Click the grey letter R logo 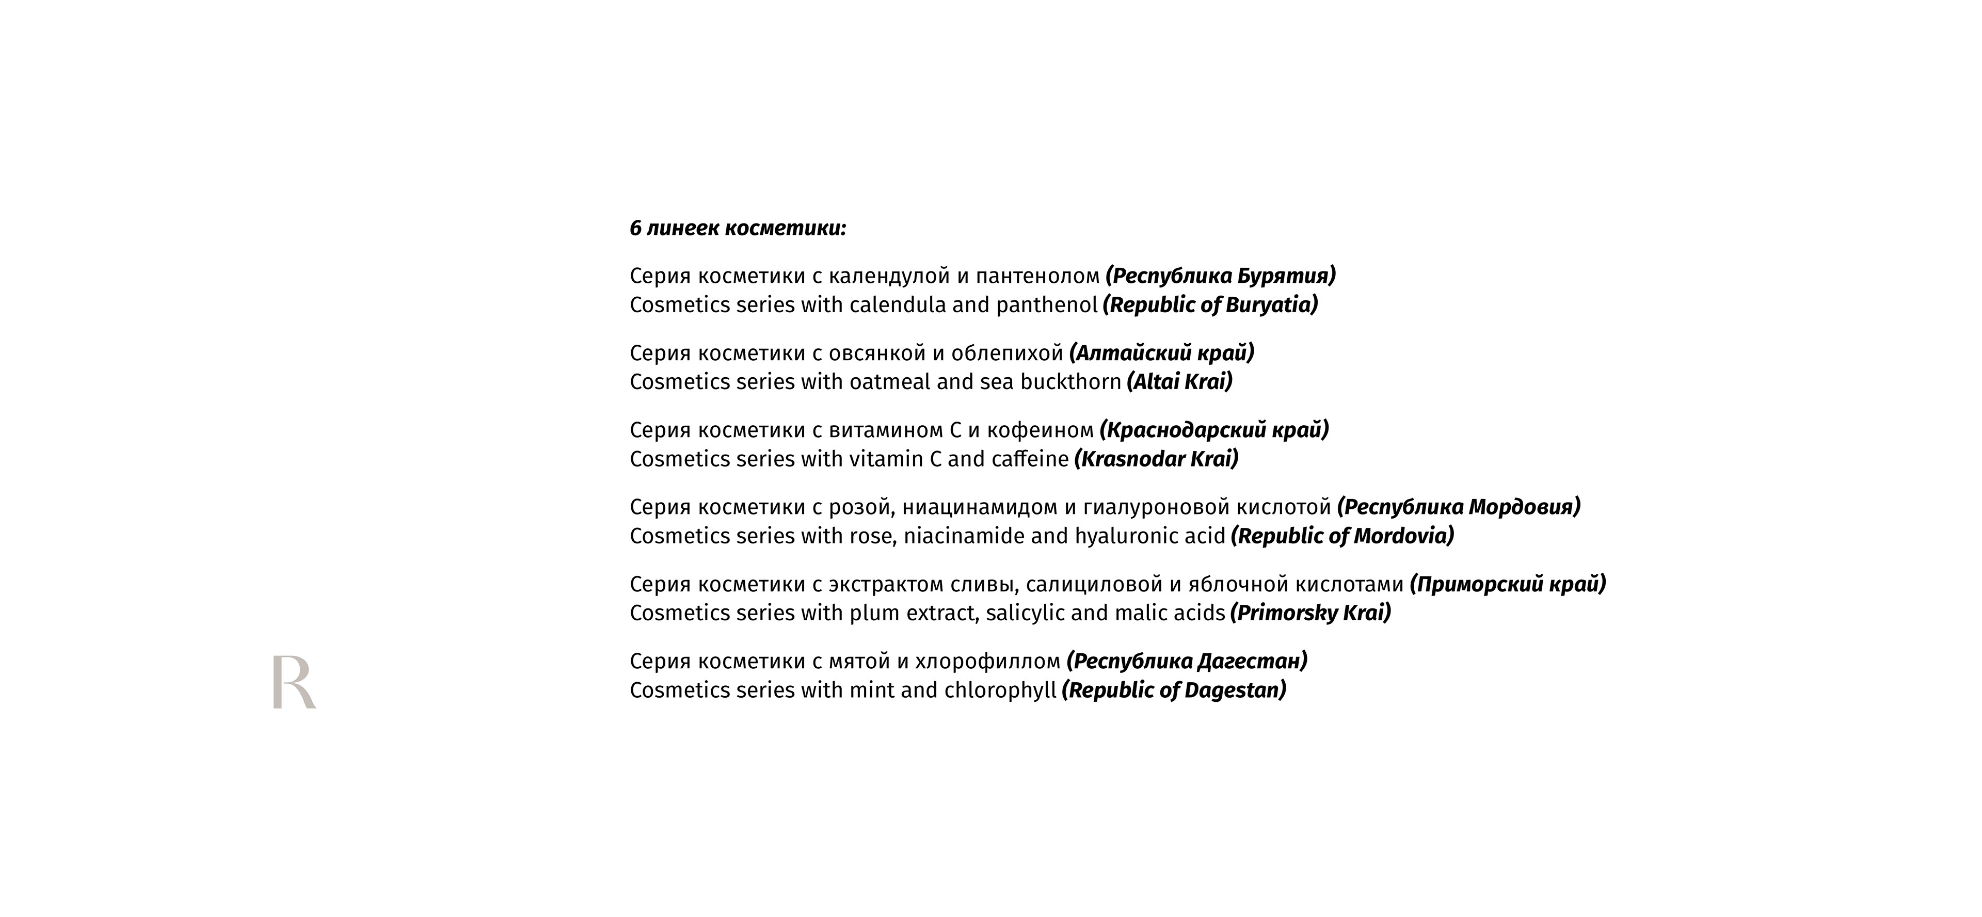pos(293,682)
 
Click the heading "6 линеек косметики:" pos(738,229)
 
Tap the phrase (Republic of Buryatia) pos(1210,304)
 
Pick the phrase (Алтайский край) pos(1162,353)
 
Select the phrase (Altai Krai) pos(1179,381)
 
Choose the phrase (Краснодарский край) pos(1214,430)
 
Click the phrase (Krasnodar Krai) pos(1156,459)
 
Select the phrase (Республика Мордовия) pos(1459,507)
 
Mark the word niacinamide pos(964,536)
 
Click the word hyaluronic pos(1125,536)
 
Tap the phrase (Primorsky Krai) pos(1310,613)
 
